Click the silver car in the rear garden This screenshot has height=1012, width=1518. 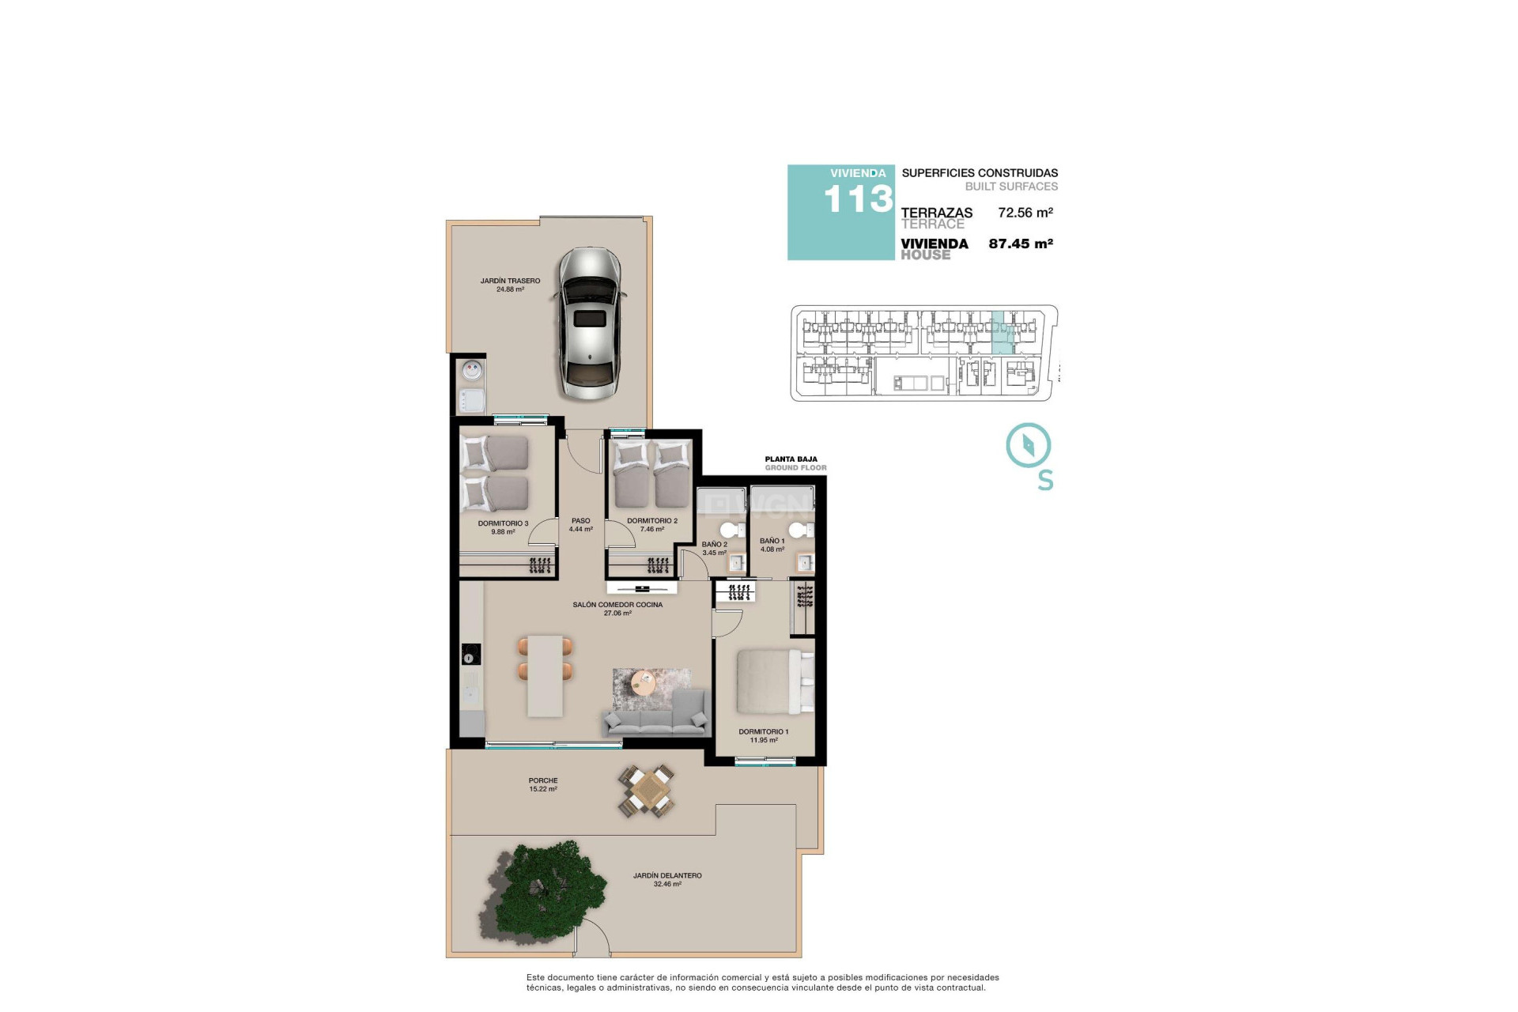coord(590,324)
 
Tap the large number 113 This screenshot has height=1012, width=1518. coord(858,199)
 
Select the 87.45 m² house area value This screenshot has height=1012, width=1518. coord(1020,244)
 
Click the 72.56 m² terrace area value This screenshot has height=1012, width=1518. coord(1025,212)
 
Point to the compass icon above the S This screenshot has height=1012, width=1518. coord(1028,445)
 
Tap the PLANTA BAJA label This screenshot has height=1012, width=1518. coord(791,459)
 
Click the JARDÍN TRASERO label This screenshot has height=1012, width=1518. coord(510,281)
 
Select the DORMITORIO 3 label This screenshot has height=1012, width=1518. coord(503,523)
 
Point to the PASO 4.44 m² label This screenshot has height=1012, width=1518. coord(580,525)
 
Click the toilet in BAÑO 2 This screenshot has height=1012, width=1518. coord(731,529)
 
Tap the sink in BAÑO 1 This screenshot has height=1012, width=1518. coord(804,563)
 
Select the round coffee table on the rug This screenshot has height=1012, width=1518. coord(644,682)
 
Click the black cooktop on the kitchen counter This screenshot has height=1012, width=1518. coord(471,654)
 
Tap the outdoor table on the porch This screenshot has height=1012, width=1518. coord(648,791)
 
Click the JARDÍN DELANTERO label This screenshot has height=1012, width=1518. coord(666,876)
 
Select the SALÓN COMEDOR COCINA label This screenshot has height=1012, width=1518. coord(617,605)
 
